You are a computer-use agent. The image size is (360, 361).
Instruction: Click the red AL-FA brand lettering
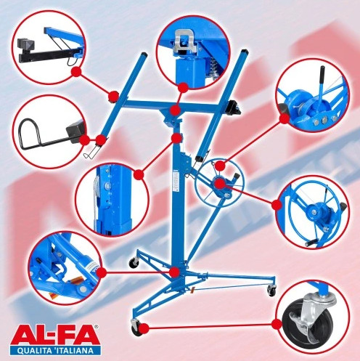[58, 336]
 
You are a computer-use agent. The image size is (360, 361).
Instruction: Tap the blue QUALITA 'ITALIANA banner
[59, 351]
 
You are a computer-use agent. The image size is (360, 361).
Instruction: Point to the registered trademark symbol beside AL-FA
[97, 327]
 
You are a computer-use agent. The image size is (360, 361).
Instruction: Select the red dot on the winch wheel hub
[220, 184]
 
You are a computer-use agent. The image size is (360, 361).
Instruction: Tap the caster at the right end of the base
[271, 289]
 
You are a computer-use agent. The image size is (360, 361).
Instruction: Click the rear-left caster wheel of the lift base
[134, 262]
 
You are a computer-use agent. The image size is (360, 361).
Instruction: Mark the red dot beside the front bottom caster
[144, 328]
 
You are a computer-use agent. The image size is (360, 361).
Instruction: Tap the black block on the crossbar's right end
[234, 107]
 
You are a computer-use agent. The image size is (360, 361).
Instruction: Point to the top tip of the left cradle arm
[144, 54]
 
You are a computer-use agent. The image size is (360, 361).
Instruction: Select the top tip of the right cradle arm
[243, 51]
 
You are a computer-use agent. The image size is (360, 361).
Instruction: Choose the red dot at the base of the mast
[174, 272]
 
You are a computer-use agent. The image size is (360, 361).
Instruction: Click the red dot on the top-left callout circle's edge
[75, 71]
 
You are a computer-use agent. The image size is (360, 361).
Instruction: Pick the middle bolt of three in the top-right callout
[324, 118]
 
